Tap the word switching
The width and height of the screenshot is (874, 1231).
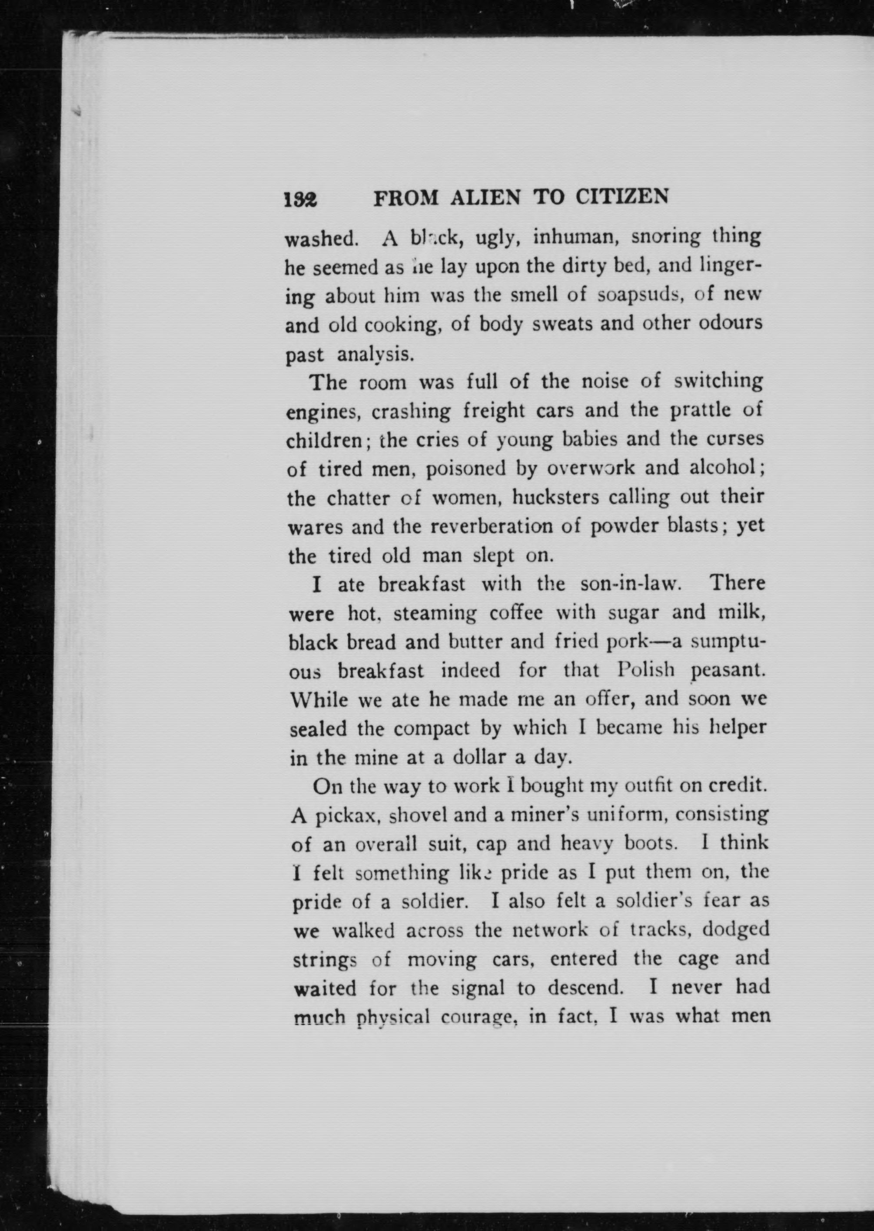coord(718,382)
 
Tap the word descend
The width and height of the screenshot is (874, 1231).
coord(585,989)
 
